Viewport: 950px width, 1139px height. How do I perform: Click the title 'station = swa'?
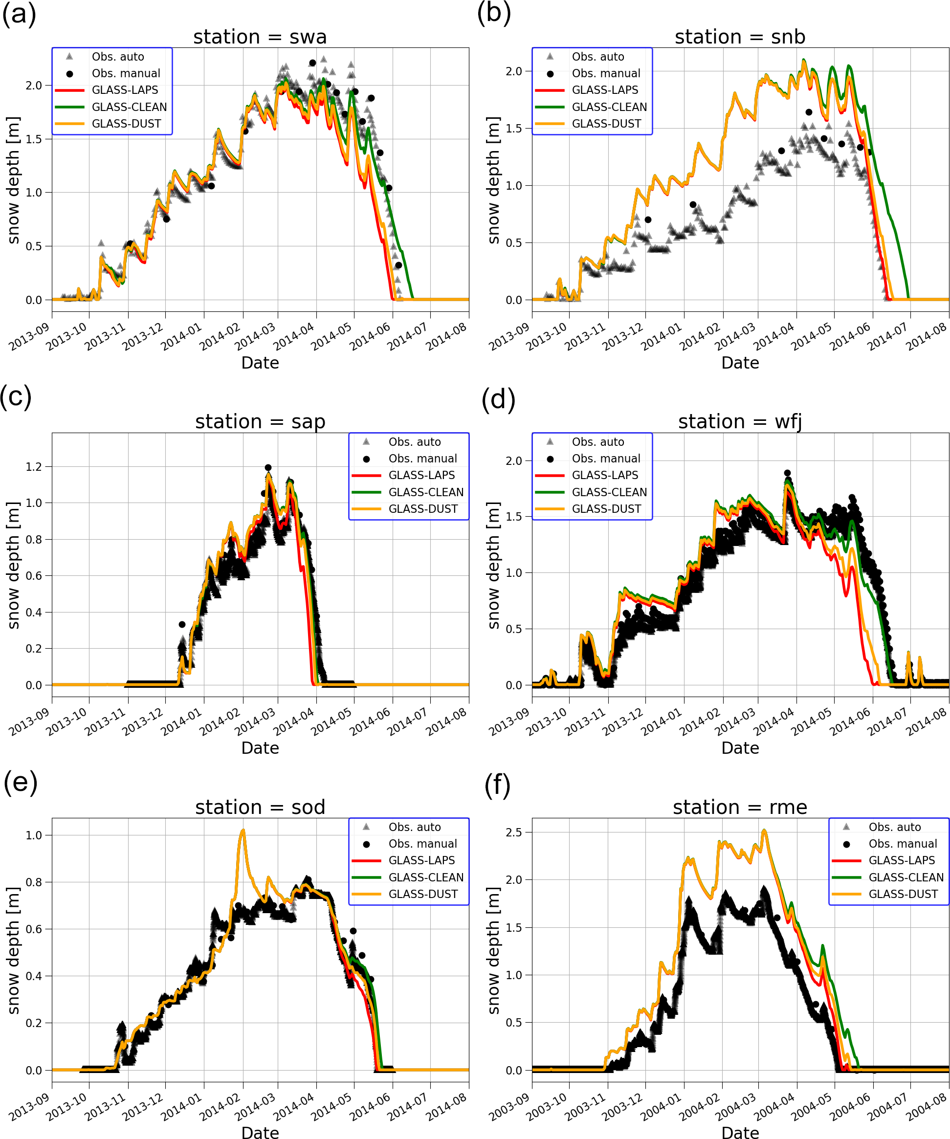tap(260, 37)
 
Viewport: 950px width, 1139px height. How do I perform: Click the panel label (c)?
tap(16, 397)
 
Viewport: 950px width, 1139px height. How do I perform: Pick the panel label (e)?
tap(20, 783)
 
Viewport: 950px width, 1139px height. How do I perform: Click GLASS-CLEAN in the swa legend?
tap(129, 107)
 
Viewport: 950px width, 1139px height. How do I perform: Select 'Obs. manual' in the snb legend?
tap(605, 73)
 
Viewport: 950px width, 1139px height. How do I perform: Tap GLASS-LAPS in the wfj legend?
tap(604, 475)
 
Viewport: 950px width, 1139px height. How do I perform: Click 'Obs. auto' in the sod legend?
tap(415, 827)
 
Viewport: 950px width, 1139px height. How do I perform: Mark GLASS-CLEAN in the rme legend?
tap(906, 877)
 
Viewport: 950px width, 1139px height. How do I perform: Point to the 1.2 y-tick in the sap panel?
tap(34, 467)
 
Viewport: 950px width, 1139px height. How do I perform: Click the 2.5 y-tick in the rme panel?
tap(514, 832)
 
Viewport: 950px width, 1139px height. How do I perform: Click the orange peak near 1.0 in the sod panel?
tap(243, 831)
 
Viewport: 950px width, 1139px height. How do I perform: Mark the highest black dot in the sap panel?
tap(268, 467)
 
